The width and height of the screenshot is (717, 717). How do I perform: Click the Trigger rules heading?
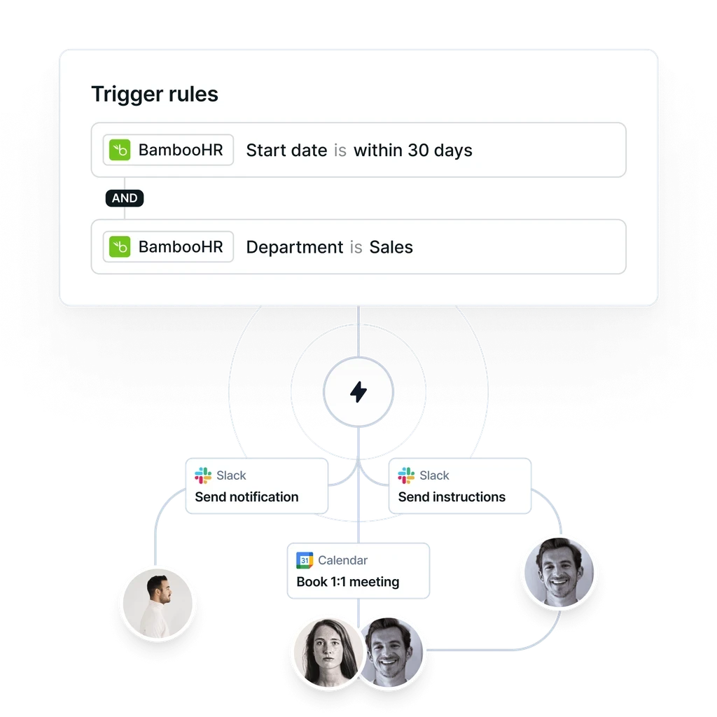point(155,95)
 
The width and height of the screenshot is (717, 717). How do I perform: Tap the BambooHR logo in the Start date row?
point(120,150)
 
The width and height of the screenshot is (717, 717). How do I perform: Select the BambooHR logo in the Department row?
point(120,246)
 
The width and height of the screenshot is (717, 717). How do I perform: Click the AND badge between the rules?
point(125,198)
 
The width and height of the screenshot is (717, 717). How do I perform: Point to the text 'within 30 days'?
point(412,150)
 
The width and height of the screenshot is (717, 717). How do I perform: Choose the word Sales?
point(391,247)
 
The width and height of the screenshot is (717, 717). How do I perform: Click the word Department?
point(294,247)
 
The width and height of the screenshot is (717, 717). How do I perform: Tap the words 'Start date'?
point(286,150)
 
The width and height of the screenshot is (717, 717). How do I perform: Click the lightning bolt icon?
point(358,392)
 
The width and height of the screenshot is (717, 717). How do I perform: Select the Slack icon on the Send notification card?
point(203,476)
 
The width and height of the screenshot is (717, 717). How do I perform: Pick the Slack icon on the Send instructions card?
point(406,476)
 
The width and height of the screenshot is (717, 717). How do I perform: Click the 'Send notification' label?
point(246,497)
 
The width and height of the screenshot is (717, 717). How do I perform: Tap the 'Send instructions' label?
point(452,497)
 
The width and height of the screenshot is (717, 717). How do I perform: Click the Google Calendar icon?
point(304,560)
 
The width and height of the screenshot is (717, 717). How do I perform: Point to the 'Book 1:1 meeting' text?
point(348,582)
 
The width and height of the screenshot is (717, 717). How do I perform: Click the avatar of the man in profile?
point(157,600)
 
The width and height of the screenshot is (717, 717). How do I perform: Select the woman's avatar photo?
point(325,652)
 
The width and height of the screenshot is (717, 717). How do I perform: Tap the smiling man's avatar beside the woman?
point(393,651)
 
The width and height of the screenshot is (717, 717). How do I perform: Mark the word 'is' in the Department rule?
point(356,247)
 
